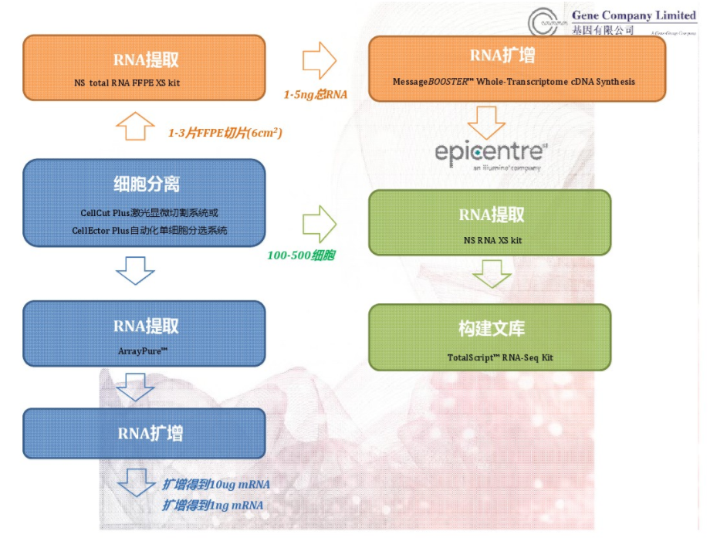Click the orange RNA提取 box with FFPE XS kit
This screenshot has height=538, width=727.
coord(145,68)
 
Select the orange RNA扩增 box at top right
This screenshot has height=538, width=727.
coord(517,68)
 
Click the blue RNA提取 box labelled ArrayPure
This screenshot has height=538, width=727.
coord(145,333)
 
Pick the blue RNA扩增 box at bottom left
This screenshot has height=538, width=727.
coord(145,434)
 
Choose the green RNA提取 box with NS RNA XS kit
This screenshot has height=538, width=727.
coord(490,222)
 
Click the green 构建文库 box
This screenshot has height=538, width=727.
coord(490,337)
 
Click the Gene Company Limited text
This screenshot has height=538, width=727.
coord(634,15)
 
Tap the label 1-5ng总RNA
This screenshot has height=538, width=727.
coord(316,94)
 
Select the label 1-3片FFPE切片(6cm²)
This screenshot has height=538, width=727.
coord(225,133)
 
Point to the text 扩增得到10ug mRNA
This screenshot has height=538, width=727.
coord(216,485)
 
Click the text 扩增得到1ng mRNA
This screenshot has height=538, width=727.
coord(213,505)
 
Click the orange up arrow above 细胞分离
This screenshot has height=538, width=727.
coord(134,125)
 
